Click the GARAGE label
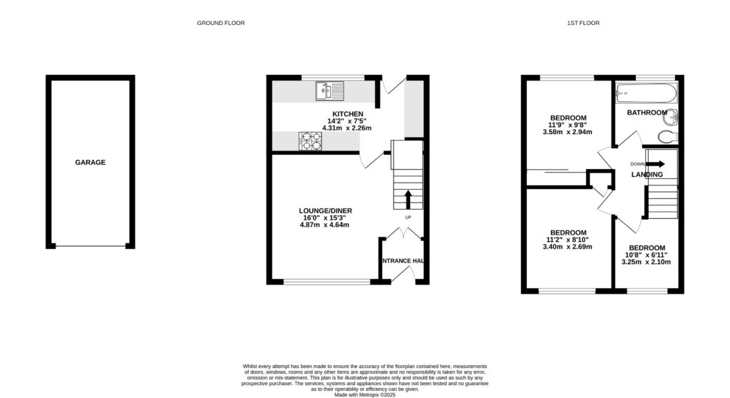click(91, 163)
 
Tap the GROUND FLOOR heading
click(221, 23)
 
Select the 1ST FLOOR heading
click(583, 23)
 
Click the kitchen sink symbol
click(329, 91)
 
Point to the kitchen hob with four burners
click(309, 141)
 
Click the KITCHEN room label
click(346, 114)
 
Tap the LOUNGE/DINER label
click(325, 210)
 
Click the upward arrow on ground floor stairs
click(408, 198)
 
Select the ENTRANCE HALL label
click(403, 261)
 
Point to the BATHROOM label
click(647, 113)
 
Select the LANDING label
click(647, 175)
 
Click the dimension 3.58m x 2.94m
click(568, 132)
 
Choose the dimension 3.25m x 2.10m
click(646, 262)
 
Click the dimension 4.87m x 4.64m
click(325, 225)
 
